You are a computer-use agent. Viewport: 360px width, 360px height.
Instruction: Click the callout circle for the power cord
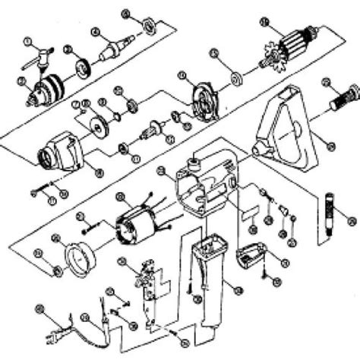40,309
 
